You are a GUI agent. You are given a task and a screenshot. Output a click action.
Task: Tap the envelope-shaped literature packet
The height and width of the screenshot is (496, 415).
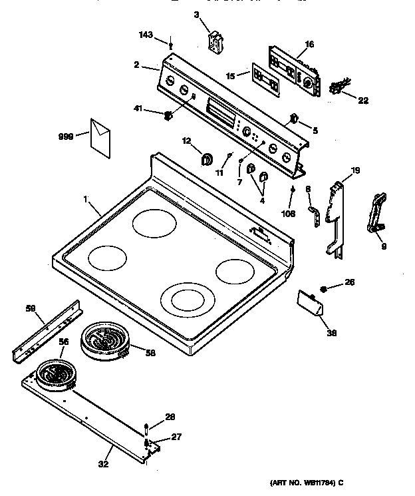[x=100, y=138]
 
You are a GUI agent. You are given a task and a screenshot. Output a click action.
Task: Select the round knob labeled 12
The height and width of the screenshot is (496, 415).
[x=206, y=158]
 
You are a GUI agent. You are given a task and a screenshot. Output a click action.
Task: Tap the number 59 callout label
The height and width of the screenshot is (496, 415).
[x=30, y=308]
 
